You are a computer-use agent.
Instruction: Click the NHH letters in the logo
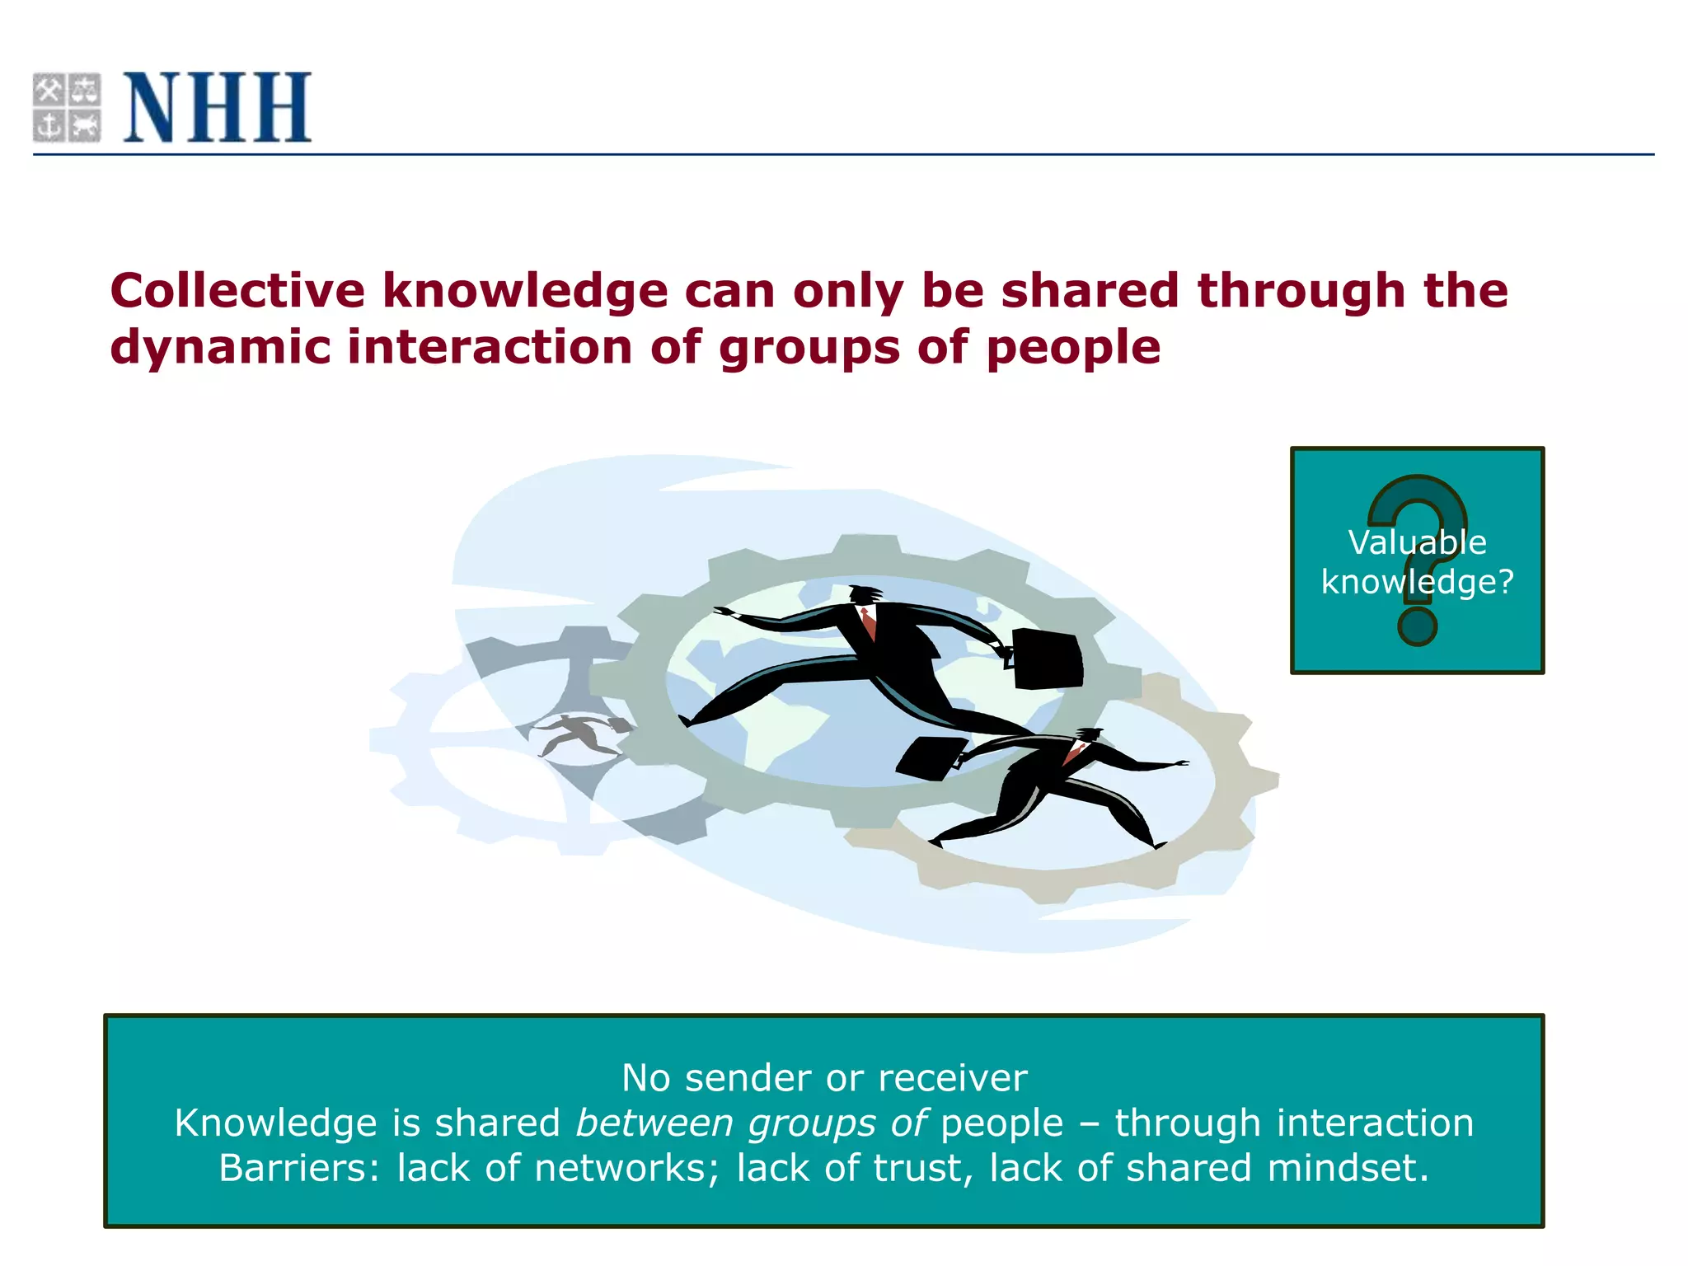pos(217,107)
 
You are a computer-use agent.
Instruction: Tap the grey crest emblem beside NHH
pos(67,107)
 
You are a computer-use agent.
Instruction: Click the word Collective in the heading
pos(237,291)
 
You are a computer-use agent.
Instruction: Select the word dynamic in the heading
pos(220,347)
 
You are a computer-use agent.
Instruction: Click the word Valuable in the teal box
pos(1417,542)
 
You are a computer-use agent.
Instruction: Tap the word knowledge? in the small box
pos(1417,582)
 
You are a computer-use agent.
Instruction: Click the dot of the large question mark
pos(1418,626)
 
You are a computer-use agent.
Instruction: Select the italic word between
pos(654,1123)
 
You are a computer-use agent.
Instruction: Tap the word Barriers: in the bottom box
pos(299,1169)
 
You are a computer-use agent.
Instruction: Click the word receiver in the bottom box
pos(953,1078)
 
